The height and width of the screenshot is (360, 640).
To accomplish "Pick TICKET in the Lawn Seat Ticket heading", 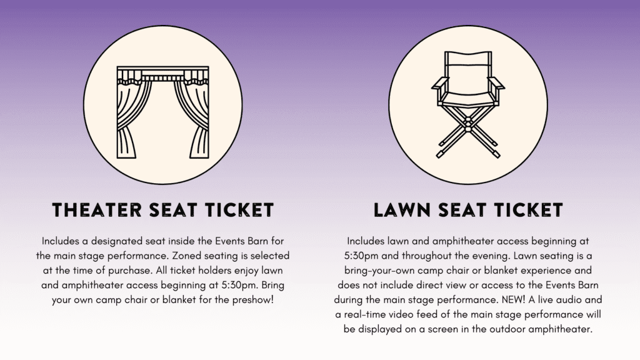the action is point(529,210).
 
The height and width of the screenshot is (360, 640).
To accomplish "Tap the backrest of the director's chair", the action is point(467,64).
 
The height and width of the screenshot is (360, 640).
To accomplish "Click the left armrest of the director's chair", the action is point(440,85).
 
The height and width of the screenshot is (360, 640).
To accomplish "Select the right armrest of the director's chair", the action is point(496,85).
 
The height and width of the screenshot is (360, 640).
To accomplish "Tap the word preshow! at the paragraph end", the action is point(253,300).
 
